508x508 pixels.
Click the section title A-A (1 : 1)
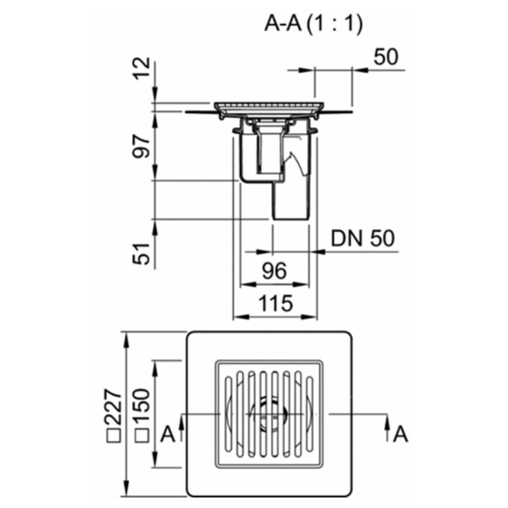(313, 24)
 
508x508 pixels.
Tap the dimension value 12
(142, 69)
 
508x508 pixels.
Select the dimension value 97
(142, 147)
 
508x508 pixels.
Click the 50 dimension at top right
(385, 57)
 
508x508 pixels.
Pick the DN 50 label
(363, 239)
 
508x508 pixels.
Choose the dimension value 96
(274, 271)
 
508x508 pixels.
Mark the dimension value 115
(276, 304)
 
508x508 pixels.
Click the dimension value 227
(112, 407)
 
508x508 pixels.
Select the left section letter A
(168, 434)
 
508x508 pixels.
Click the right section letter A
(401, 434)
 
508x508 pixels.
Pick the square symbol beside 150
(142, 436)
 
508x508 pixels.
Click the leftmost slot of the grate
(229, 414)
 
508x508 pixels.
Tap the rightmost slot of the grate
(310, 414)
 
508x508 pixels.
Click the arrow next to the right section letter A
(387, 427)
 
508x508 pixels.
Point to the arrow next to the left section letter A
(182, 427)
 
